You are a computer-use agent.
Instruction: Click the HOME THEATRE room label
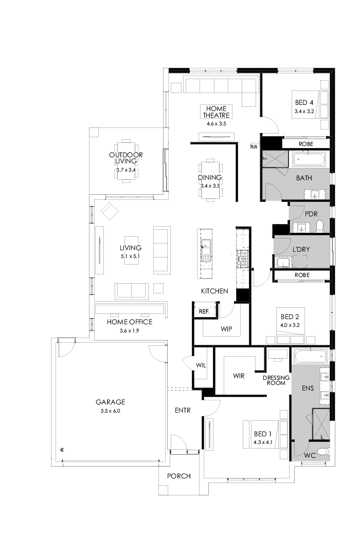216,112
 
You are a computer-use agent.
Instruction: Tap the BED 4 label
304,102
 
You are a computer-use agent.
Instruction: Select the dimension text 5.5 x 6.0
110,411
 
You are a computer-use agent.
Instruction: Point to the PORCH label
178,476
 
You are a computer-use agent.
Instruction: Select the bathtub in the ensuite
310,355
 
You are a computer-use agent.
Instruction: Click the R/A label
254,147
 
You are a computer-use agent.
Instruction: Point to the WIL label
201,365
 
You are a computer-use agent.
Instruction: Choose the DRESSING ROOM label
277,380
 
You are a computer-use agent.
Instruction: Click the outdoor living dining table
125,168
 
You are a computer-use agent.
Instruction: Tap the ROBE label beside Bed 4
305,144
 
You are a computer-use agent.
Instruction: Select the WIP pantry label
227,327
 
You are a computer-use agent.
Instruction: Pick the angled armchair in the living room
110,211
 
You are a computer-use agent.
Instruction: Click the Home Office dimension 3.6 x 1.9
129,331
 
